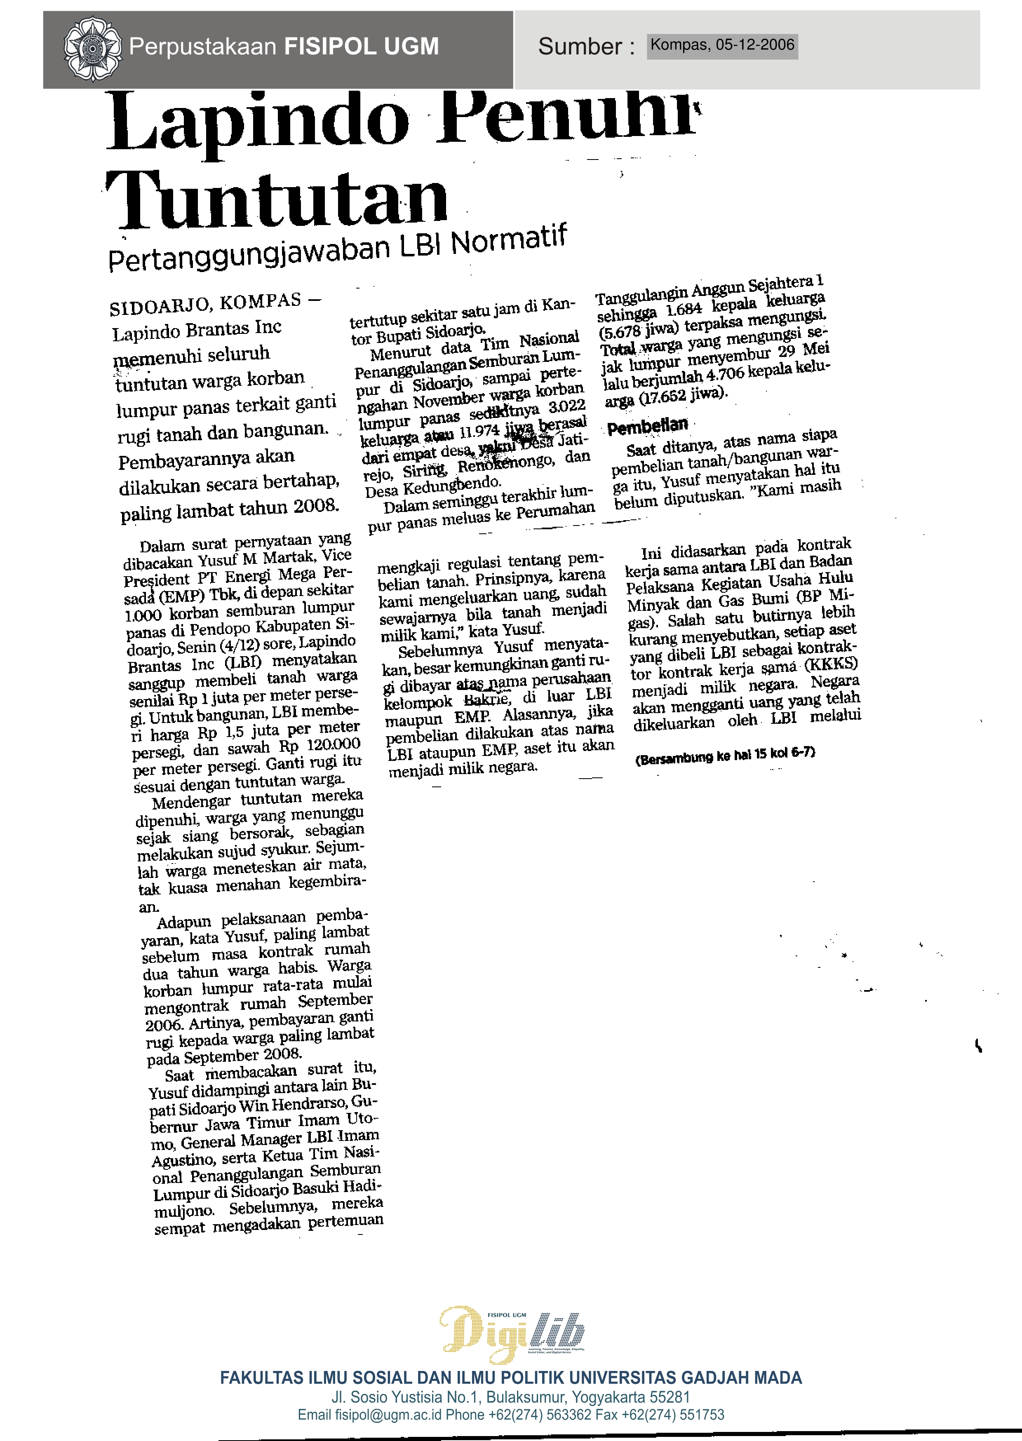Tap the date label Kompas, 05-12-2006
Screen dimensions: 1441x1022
tap(722, 45)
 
